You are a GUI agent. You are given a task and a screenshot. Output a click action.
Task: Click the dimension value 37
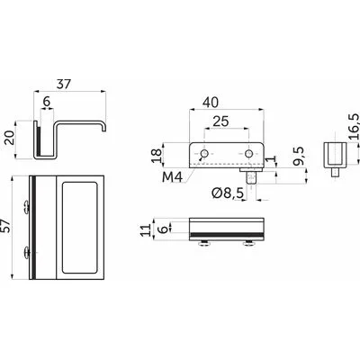tap(64, 85)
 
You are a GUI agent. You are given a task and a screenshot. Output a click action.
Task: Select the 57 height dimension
tap(6, 226)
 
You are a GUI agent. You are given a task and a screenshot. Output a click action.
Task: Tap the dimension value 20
tap(11, 138)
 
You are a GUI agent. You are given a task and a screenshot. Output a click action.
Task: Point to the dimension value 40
tap(211, 103)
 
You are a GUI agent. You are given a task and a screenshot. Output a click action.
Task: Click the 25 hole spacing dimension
tap(220, 121)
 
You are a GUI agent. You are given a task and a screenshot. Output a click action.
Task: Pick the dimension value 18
tap(157, 156)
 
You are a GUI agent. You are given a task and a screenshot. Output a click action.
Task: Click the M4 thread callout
tap(172, 177)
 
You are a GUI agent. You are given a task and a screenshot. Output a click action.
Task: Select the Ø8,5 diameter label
tap(227, 193)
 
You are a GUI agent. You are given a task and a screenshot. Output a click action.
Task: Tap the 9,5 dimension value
tap(299, 156)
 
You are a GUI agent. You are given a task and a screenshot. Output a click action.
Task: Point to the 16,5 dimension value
tap(355, 126)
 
